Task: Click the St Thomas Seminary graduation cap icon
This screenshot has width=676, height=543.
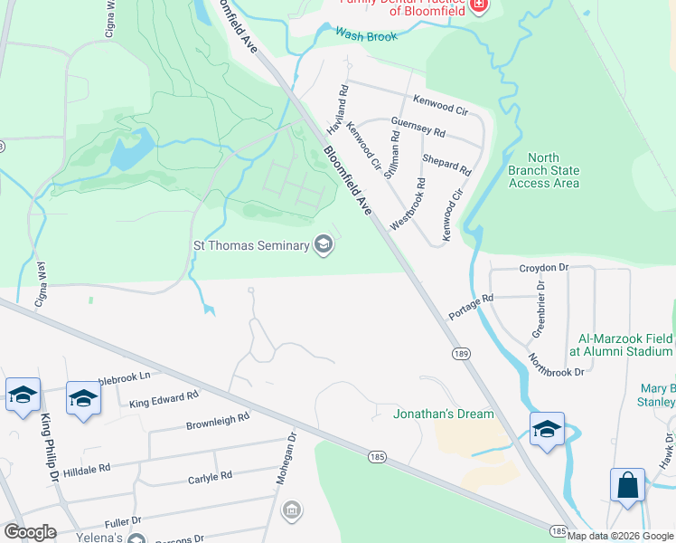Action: pyautogui.click(x=324, y=245)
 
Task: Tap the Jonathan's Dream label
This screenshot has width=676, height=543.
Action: pyautogui.click(x=444, y=414)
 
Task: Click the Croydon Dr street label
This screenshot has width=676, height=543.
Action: pyautogui.click(x=543, y=268)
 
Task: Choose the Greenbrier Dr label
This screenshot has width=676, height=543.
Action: pyautogui.click(x=540, y=309)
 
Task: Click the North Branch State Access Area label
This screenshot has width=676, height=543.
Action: pyautogui.click(x=544, y=170)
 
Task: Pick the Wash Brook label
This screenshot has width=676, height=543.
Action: pyautogui.click(x=366, y=35)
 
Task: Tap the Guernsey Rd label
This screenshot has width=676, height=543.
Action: pyautogui.click(x=418, y=126)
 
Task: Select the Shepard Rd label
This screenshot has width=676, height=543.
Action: pyautogui.click(x=446, y=165)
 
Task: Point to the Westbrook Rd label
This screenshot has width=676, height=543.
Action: pyautogui.click(x=408, y=203)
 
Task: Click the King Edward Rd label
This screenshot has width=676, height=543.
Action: pyautogui.click(x=164, y=400)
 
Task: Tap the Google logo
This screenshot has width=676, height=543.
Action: pyautogui.click(x=30, y=532)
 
